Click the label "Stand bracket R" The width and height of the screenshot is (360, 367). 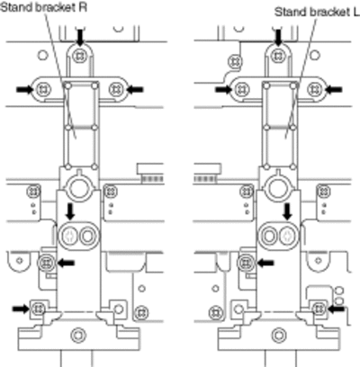(44, 7)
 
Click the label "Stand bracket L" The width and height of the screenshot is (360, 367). (317, 13)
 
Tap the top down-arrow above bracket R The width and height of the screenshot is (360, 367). (79, 38)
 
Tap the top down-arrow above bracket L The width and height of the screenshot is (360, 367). (279, 38)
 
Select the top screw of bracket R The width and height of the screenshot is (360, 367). (79, 55)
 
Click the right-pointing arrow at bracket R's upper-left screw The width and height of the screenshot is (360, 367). (24, 89)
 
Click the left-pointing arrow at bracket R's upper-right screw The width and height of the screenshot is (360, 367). (135, 89)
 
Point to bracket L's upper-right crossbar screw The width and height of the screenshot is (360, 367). (315, 89)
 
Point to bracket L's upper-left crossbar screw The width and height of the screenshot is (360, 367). (241, 89)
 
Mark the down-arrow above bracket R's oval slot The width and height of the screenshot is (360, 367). (71, 211)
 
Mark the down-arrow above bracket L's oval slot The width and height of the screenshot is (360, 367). (288, 211)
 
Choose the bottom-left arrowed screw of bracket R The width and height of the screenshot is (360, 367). (38, 309)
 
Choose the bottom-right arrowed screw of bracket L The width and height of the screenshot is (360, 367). (319, 309)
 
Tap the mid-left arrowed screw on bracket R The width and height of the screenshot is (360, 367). (46, 263)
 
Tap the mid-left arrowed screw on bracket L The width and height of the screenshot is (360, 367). (247, 263)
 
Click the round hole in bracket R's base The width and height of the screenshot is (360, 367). (78, 335)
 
